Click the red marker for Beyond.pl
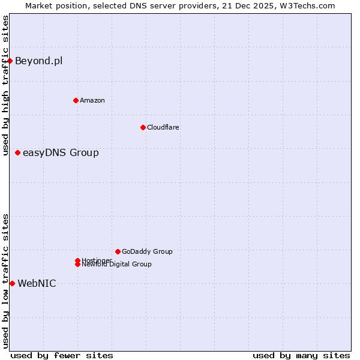click(x=10, y=61)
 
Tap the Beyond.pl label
click(x=38, y=61)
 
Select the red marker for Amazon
click(x=76, y=100)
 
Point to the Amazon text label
click(x=92, y=100)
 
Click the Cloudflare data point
click(x=143, y=127)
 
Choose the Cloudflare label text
click(x=163, y=127)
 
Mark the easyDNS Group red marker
click(x=18, y=152)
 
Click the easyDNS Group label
click(x=61, y=152)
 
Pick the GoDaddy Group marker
click(x=118, y=251)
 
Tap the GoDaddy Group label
click(x=147, y=251)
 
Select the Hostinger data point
click(x=78, y=260)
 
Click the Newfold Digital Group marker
click(x=78, y=265)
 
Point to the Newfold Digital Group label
click(x=117, y=265)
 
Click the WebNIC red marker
click(x=13, y=283)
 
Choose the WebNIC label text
click(x=37, y=283)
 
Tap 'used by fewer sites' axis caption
click(x=62, y=355)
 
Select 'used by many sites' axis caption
click(x=301, y=355)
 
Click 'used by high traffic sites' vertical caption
click(x=5, y=86)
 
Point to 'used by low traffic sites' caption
click(x=5, y=281)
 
